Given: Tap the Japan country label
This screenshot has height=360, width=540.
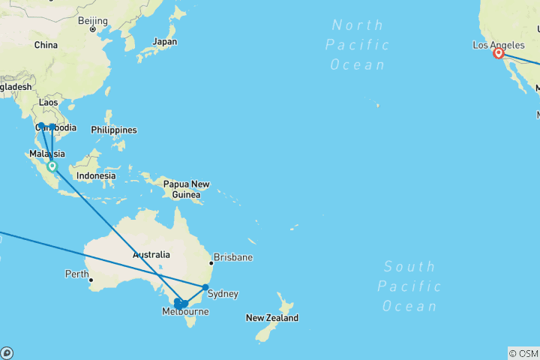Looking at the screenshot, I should [x=164, y=41].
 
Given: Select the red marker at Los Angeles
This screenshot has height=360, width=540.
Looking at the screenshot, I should [x=498, y=53].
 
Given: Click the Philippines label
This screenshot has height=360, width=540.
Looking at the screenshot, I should [x=114, y=130].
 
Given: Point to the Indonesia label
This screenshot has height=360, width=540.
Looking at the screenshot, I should [x=95, y=176].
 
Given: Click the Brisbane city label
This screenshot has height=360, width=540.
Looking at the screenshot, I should [x=232, y=257].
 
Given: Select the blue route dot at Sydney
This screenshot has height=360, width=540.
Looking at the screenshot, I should [x=205, y=287].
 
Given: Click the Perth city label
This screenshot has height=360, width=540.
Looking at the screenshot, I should [x=76, y=274].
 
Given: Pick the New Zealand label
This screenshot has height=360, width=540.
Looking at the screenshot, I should [x=271, y=318].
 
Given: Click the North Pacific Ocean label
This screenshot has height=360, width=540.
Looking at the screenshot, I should [x=358, y=45].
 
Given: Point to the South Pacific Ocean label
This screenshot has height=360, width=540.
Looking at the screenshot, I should [x=409, y=286].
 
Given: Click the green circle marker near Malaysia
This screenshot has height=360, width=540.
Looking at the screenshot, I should [x=52, y=166].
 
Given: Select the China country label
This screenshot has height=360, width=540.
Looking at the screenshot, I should [x=46, y=45].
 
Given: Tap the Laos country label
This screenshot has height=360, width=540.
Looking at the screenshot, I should [x=49, y=102].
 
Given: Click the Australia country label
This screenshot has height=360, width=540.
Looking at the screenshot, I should [x=151, y=255].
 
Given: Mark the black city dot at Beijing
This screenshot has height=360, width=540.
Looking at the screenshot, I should [x=93, y=29].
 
